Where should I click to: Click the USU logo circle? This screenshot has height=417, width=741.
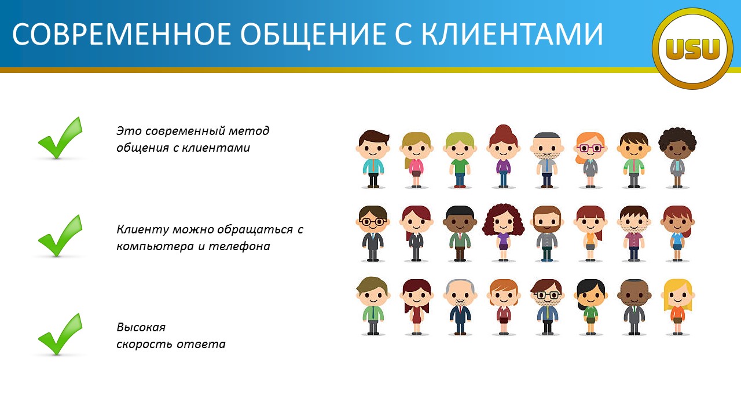coord(692,49)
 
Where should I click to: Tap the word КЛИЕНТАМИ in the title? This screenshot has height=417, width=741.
coord(512,34)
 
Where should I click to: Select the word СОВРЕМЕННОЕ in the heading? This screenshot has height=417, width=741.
coord(122,34)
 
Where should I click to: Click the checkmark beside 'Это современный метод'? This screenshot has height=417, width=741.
coord(60,138)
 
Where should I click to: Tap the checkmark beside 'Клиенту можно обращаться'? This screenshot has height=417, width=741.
coord(60,236)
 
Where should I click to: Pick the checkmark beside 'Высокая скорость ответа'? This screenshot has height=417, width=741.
coord(60,334)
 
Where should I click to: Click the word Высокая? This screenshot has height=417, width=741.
coord(141,327)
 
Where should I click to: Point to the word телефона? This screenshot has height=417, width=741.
coord(239,247)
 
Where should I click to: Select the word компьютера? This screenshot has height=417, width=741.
coord(155,247)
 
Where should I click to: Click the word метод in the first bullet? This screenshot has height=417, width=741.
coord(249,131)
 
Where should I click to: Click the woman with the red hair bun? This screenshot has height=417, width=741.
coord(503,156)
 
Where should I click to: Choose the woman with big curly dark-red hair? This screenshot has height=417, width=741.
coord(503,232)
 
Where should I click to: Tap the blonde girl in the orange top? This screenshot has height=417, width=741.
coord(677,307)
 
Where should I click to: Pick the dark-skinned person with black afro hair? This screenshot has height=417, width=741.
coord(677,158)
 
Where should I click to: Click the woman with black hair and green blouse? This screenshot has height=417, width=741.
coord(590,307)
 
